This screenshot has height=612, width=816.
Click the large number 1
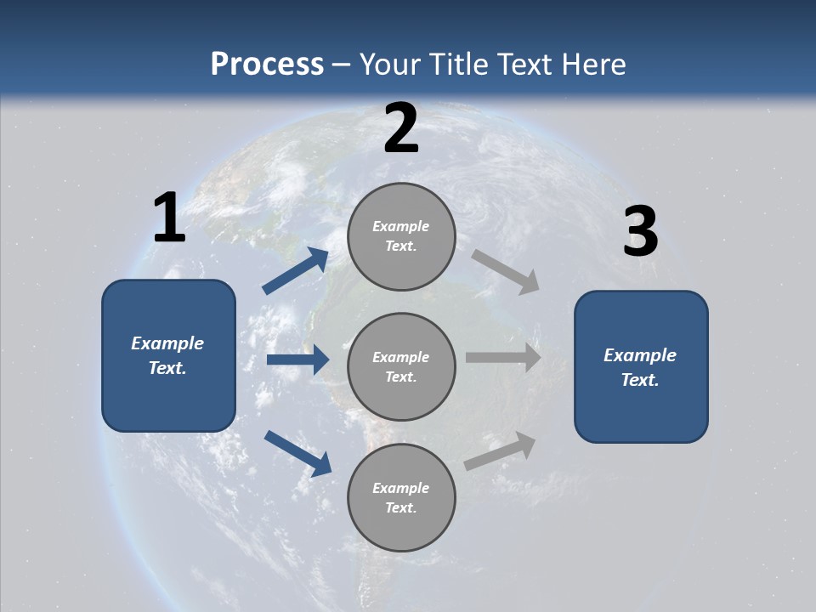pos(169,218)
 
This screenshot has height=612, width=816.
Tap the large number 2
pos(401,128)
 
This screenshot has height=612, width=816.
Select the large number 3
pos(640,233)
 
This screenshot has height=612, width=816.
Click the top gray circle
pos(401,204)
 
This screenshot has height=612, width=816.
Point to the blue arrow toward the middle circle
pos(297,360)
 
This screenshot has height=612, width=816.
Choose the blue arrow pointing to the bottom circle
pos(297,452)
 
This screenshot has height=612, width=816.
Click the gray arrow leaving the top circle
pos(506,271)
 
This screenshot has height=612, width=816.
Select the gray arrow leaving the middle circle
pos(503,357)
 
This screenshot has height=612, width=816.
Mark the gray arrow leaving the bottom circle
pos(501,450)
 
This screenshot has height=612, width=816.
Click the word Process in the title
pos(267,64)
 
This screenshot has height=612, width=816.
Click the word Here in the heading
pos(594,64)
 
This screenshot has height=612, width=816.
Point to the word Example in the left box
pos(167,343)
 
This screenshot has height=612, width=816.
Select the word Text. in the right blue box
pos(640,380)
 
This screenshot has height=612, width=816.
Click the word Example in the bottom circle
pos(401,488)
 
